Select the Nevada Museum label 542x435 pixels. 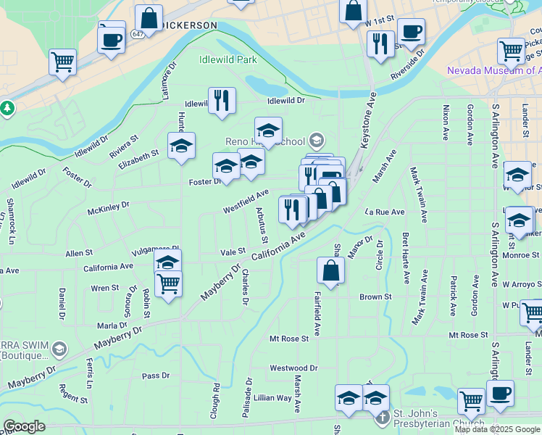[x=493, y=70]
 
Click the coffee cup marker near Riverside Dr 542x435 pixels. [x=411, y=31]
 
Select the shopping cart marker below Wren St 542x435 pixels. [x=168, y=283]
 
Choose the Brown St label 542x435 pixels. [x=375, y=297]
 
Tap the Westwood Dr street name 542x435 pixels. [x=293, y=368]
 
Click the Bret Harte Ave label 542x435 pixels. [x=406, y=257]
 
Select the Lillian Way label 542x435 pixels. [x=272, y=398]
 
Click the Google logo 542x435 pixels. [x=24, y=426]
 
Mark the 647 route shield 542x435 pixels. [x=138, y=34]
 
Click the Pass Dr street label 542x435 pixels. [x=156, y=376]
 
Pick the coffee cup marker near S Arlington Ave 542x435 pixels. [x=499, y=393]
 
